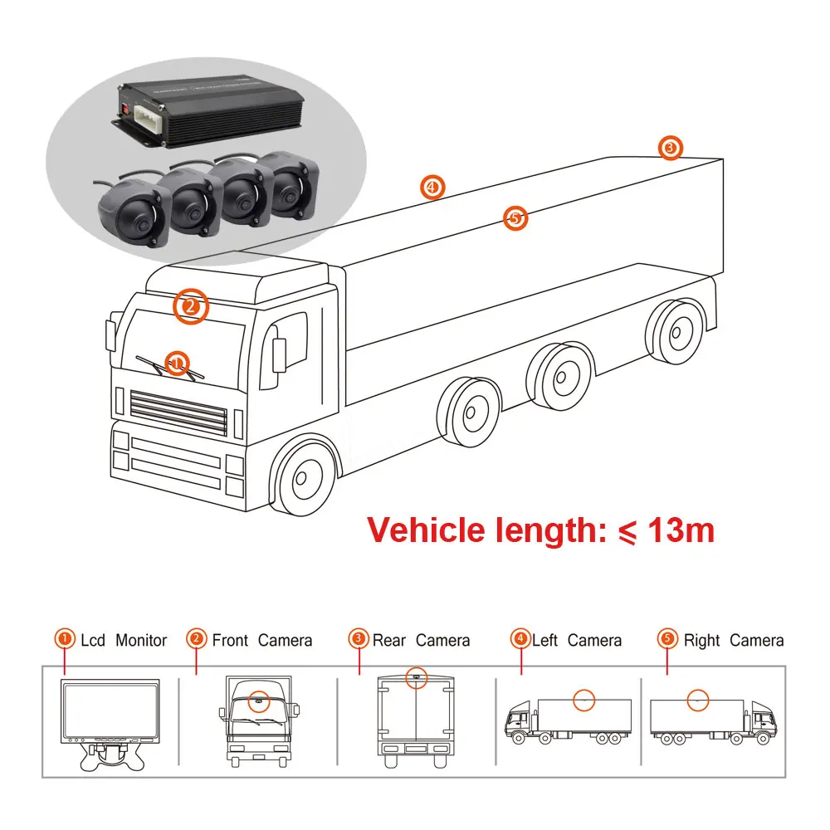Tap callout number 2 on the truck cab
click(190, 306)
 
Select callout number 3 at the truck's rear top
click(671, 149)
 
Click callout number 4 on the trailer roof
click(432, 187)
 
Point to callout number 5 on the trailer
click(515, 218)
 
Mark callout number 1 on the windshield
click(177, 362)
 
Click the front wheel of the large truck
click(305, 478)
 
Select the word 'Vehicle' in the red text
click(426, 530)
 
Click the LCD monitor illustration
click(109, 710)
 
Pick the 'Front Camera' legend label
click(262, 640)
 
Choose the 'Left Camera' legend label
click(576, 640)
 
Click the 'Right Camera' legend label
click(733, 640)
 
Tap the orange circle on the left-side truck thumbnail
click(586, 700)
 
